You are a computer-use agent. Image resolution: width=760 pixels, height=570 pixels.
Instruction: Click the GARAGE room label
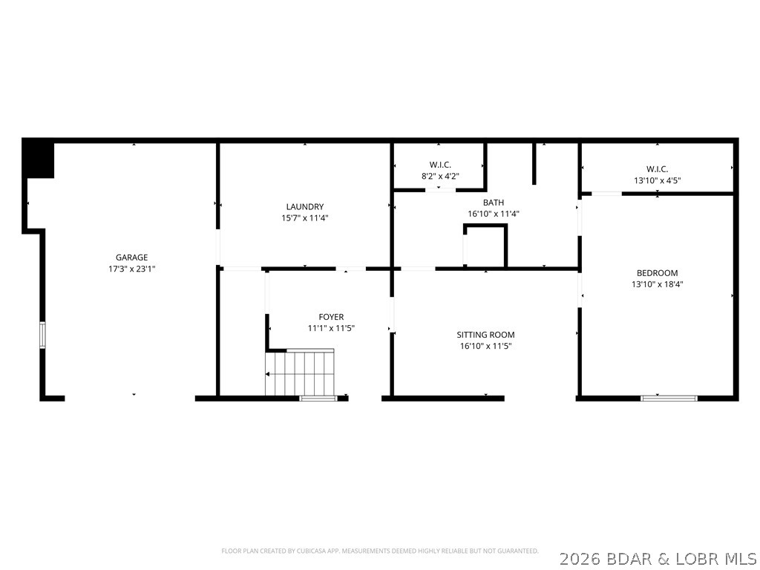point(131,258)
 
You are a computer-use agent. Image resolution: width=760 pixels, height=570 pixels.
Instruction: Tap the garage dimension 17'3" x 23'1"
point(131,269)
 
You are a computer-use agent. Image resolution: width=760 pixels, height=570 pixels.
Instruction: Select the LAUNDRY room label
point(305,206)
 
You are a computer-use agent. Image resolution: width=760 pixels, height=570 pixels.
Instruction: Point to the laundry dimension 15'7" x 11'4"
point(305,218)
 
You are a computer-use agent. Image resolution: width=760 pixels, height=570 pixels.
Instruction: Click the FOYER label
point(331,317)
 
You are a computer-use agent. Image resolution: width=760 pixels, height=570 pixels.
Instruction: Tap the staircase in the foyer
point(301,373)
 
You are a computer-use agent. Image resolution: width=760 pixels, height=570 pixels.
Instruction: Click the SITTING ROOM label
point(485,335)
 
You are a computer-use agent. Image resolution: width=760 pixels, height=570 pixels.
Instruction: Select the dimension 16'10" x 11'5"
point(485,346)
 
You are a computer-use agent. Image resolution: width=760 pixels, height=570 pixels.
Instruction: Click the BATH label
point(493,202)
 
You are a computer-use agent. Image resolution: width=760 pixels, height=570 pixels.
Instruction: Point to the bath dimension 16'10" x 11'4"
point(493,214)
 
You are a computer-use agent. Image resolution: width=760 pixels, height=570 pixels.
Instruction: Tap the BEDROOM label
point(657,272)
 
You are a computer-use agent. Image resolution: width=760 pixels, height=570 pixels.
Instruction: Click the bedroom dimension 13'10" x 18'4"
point(657,284)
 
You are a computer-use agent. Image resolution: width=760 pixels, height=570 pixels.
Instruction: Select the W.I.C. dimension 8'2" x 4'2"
point(440,176)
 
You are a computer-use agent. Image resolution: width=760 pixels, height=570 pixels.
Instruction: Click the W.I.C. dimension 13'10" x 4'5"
point(657,180)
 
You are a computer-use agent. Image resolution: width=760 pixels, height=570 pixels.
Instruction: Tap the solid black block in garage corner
point(39,159)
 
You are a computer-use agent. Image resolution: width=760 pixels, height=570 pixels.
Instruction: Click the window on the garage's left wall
point(43,335)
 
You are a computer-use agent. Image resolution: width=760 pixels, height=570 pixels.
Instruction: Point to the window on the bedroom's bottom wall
point(669,398)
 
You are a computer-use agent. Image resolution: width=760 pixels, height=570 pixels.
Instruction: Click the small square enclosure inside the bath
point(485,246)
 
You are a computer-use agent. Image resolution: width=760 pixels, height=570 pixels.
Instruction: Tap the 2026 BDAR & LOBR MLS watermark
point(658,557)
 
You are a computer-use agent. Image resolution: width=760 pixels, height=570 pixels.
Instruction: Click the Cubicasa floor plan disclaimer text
point(380,551)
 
